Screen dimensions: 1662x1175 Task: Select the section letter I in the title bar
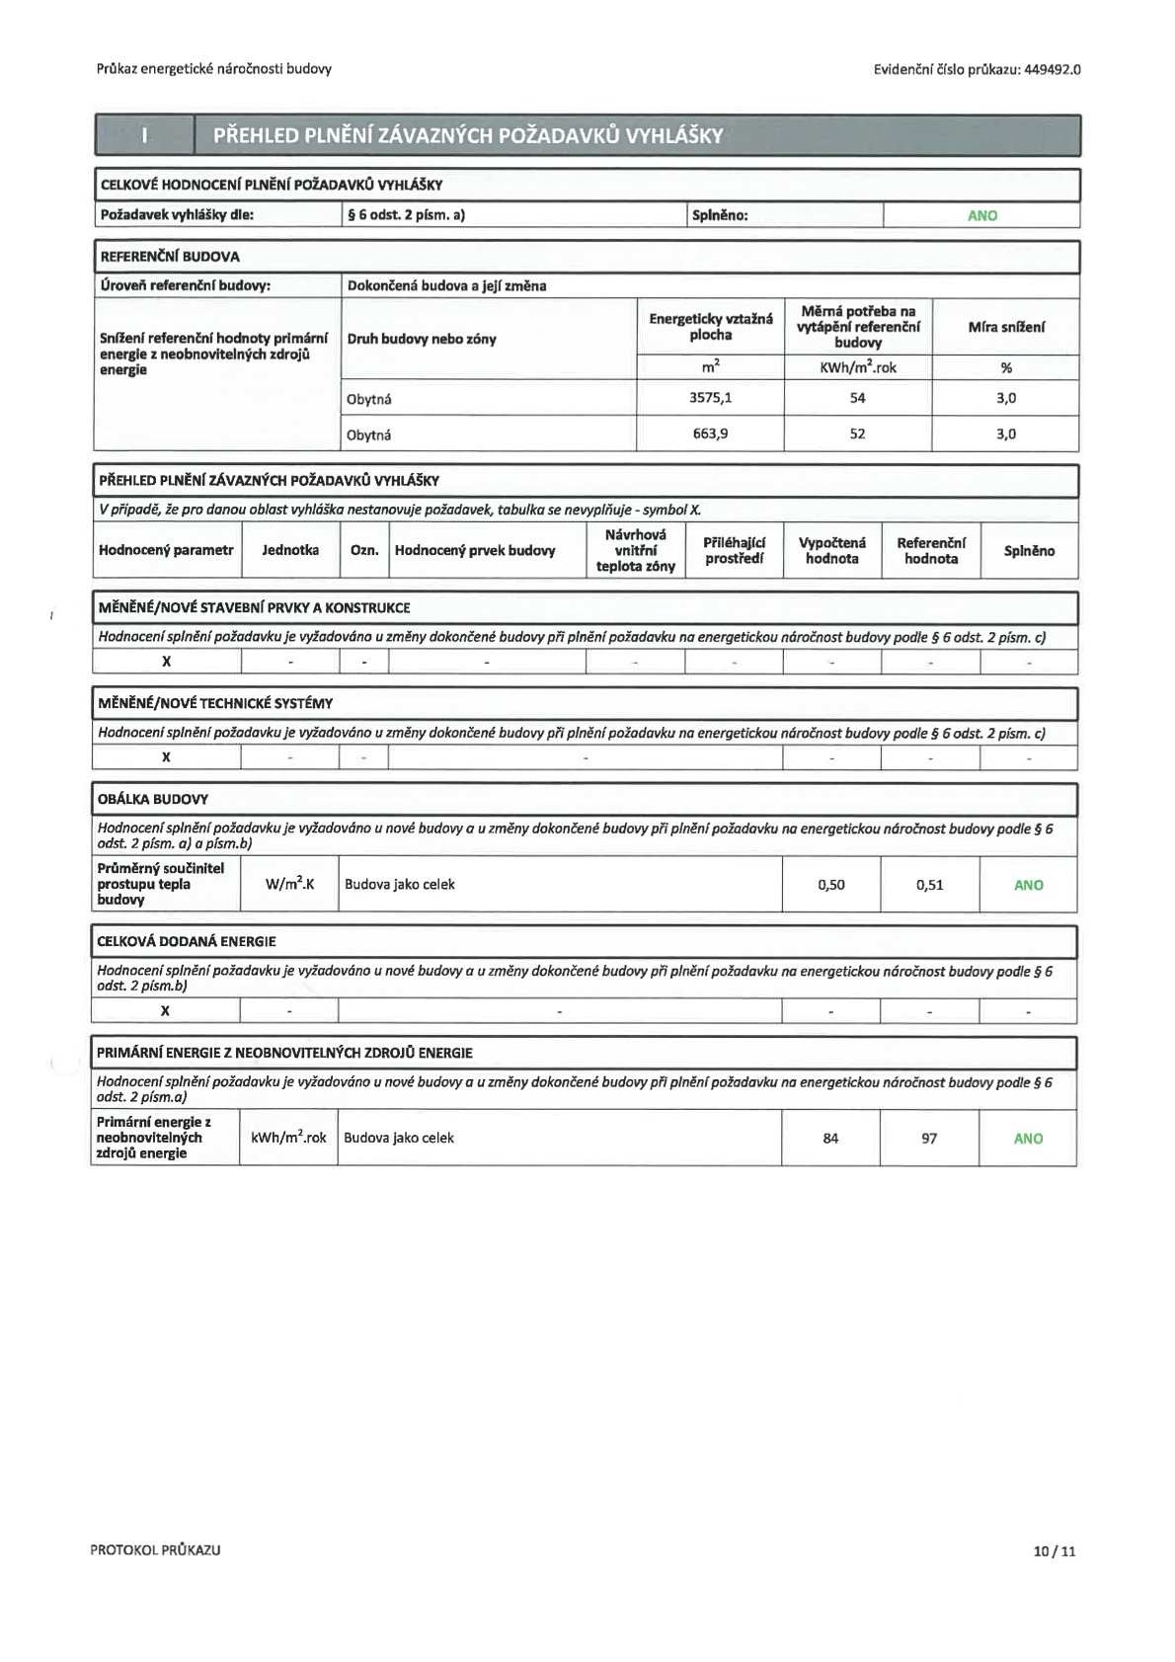pos(144,135)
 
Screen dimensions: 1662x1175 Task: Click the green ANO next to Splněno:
pos(981,215)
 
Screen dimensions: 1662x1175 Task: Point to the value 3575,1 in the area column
pos(710,398)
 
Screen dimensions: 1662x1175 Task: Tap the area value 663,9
pos(710,434)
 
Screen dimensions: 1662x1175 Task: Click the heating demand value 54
pos(857,398)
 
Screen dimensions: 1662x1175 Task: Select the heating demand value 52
pos(857,434)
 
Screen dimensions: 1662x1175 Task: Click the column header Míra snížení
pos(1005,327)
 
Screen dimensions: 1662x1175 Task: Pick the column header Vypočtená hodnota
pos(831,550)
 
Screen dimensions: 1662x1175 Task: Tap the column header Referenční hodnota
pos(930,550)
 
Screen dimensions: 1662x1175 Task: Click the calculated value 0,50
pos(831,885)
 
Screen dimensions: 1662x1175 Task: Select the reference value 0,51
pos(929,885)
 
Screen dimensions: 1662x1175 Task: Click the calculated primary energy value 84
pos(830,1139)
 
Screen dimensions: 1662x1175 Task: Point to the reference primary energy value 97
pos(929,1139)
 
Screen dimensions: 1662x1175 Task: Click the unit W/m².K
pos(289,884)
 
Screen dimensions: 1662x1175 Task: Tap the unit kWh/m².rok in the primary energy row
pos(288,1138)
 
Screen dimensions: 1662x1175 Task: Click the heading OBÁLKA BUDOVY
pos(153,799)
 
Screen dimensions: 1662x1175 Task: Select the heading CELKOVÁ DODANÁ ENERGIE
pos(187,941)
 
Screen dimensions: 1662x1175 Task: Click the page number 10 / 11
pos(1054,1550)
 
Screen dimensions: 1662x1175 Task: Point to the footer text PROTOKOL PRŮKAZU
pos(155,1550)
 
